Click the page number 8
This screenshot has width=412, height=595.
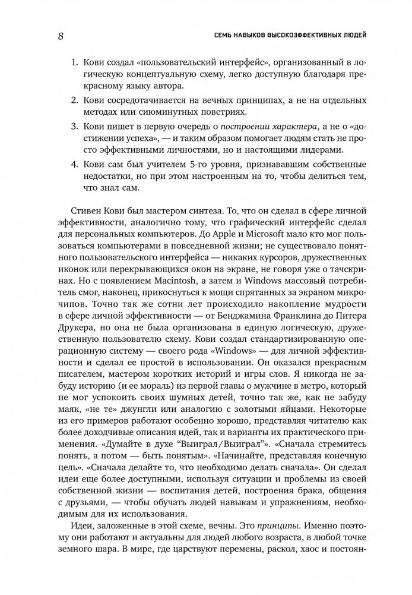click(61, 36)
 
